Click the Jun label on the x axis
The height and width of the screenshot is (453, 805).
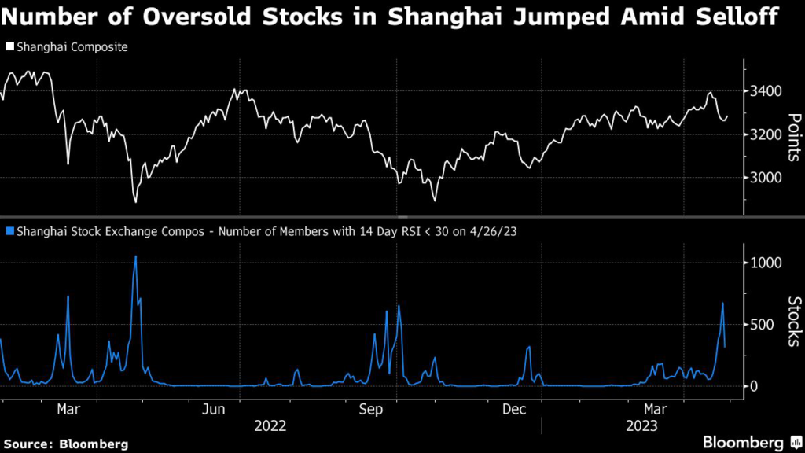215,410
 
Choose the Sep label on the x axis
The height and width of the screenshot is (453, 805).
371,410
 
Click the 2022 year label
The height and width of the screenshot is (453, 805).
270,426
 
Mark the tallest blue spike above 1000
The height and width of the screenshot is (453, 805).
135,257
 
